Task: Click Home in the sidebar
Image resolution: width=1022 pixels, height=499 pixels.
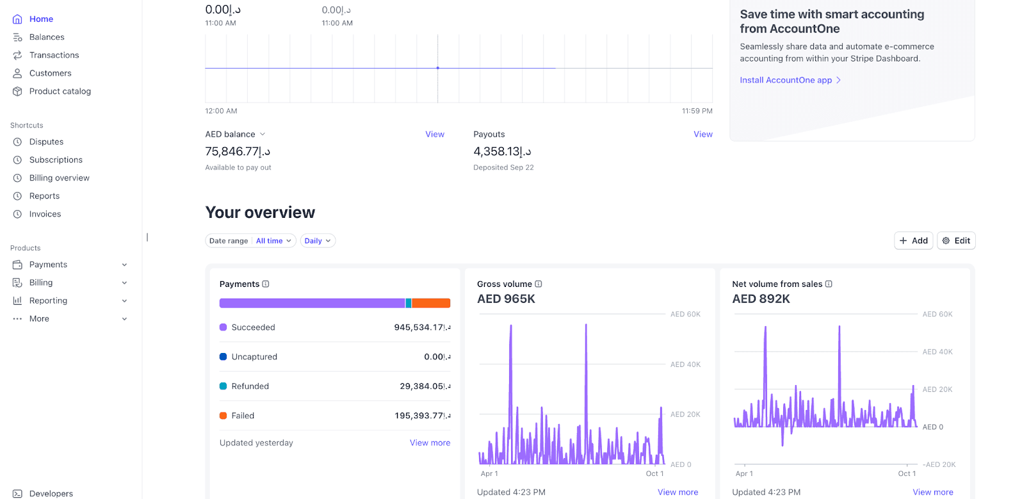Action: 41,19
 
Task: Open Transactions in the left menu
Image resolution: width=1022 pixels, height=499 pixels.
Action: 54,55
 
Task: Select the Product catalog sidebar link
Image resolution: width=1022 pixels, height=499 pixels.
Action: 60,92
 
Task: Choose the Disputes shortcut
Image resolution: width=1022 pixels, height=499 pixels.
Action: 46,142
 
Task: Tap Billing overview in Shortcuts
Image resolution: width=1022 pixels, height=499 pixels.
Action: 59,178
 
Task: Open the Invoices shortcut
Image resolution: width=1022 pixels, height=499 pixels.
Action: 45,214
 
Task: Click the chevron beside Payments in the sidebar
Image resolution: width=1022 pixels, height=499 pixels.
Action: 124,265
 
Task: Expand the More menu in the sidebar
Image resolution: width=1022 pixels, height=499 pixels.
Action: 124,319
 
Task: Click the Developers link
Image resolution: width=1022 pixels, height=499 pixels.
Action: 51,493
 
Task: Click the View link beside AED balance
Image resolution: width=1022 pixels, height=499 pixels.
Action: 435,135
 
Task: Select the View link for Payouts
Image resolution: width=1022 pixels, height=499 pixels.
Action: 703,135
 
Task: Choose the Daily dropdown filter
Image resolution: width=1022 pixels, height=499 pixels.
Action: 318,241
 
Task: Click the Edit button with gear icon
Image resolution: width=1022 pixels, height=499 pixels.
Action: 956,241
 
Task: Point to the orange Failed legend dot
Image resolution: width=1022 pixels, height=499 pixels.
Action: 223,416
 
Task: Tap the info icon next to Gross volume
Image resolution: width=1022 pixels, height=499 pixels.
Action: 539,284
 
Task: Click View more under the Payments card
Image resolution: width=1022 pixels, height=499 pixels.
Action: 430,443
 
